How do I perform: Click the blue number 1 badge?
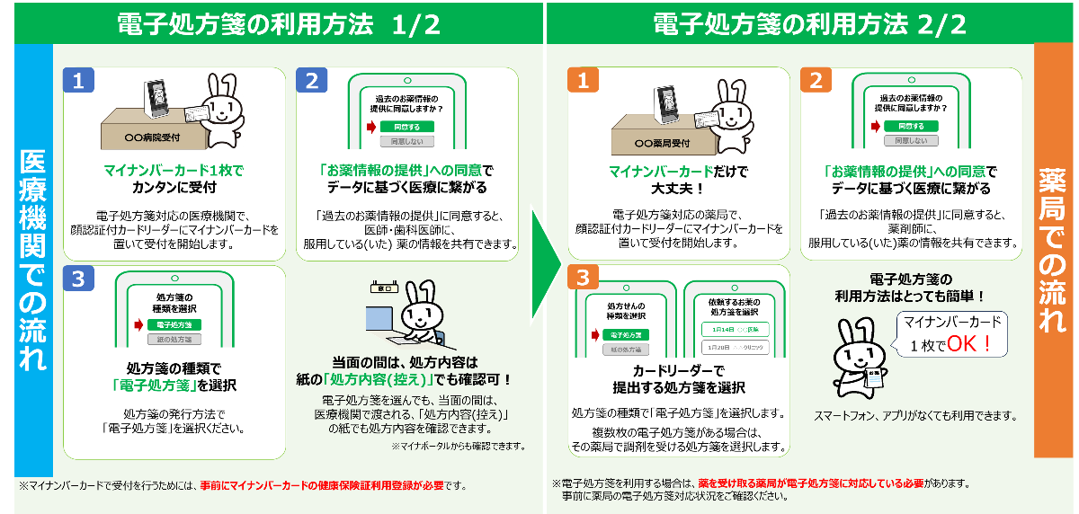78,81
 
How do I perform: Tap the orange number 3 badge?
583,278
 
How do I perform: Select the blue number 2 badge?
311,81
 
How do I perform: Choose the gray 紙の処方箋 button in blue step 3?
174,340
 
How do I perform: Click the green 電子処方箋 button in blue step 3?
174,324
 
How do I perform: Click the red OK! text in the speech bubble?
969,343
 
